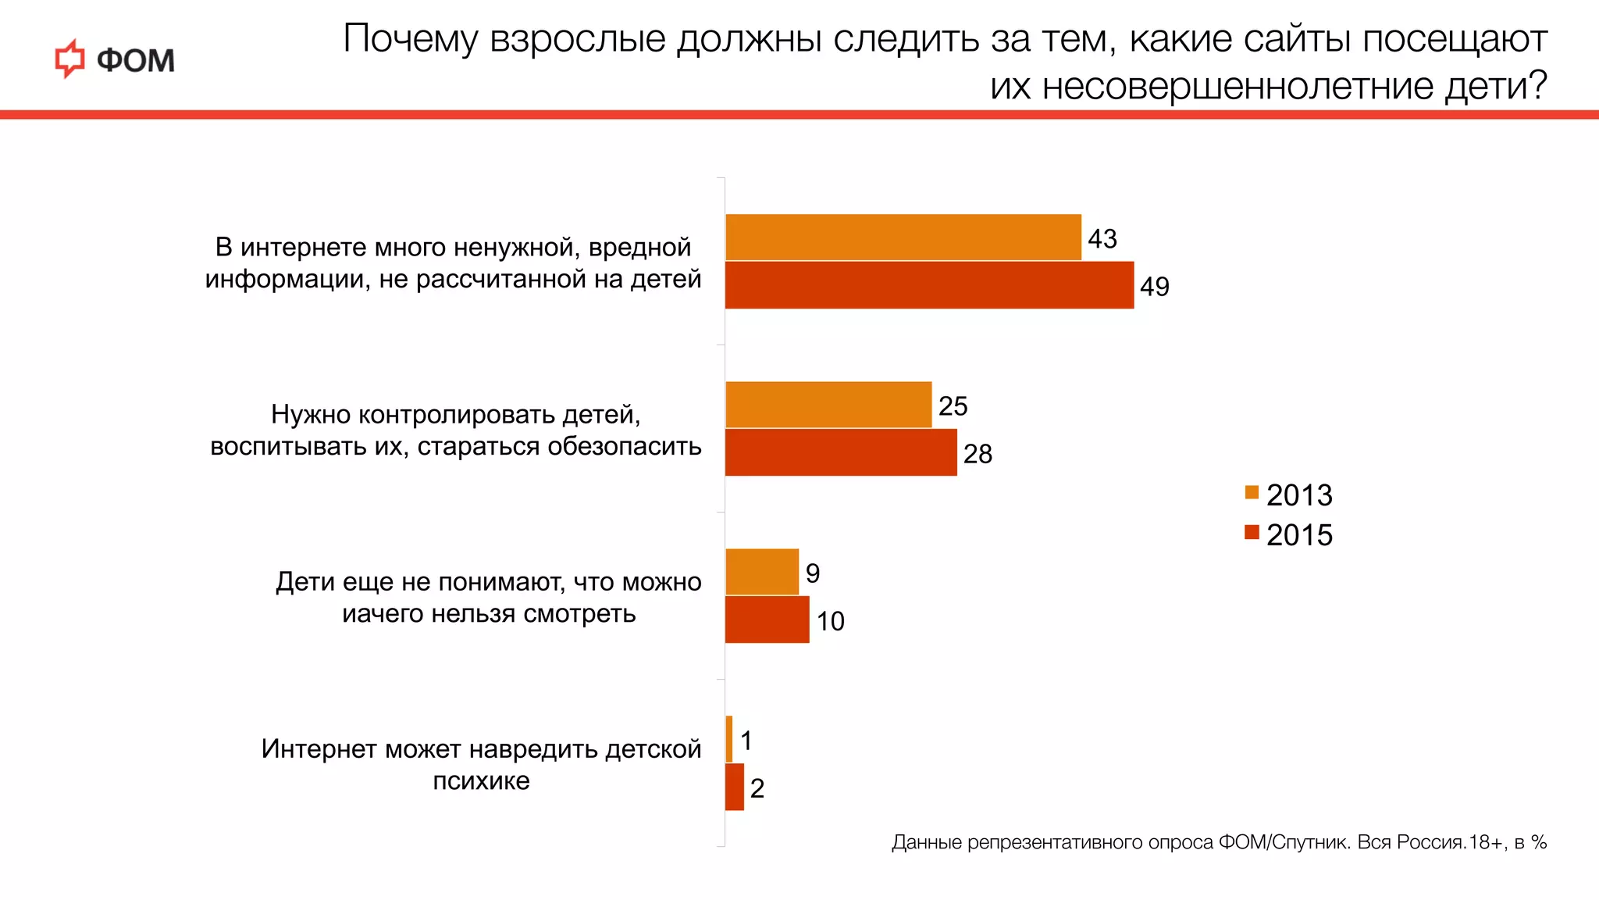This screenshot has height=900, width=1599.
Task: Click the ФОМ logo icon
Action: coord(69,59)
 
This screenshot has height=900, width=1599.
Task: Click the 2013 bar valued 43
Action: coord(903,237)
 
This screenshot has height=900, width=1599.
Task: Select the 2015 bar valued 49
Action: coord(929,285)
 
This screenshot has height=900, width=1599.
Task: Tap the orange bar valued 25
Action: coord(828,405)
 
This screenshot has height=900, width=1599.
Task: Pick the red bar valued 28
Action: coord(840,452)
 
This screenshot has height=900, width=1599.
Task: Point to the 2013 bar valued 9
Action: coord(761,572)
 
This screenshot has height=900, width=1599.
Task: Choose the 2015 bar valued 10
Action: coord(767,620)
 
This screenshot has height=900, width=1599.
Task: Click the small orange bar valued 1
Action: coord(729,739)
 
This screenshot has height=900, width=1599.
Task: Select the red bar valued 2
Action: coord(734,787)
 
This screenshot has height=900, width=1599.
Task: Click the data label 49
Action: coord(1154,287)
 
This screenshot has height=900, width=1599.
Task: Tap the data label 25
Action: coord(953,406)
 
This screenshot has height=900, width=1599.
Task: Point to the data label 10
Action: coord(830,621)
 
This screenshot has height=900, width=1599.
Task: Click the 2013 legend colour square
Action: coord(1252,493)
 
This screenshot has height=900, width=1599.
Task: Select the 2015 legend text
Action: coord(1299,535)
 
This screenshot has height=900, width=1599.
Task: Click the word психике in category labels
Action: coord(481,781)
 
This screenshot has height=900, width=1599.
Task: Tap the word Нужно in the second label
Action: coord(311,414)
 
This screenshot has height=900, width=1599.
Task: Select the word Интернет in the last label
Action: coord(319,749)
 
